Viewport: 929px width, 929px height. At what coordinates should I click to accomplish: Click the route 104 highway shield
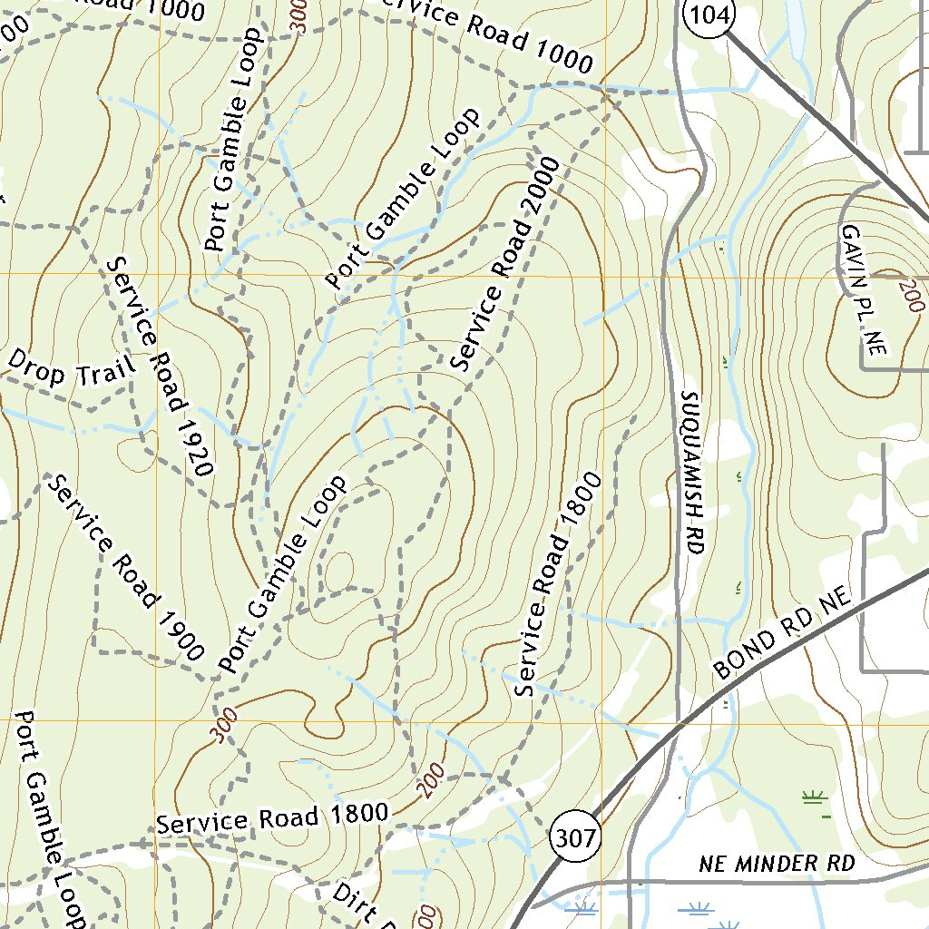[x=709, y=15]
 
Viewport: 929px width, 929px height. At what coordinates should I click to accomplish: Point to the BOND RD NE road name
[x=784, y=632]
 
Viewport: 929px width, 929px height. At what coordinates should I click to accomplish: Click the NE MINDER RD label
[x=777, y=863]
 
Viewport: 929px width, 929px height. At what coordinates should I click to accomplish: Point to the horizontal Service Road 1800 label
[x=272, y=818]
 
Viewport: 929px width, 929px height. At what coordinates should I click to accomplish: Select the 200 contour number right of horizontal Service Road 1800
[x=433, y=779]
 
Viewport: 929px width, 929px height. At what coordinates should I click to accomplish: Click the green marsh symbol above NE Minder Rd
[x=814, y=798]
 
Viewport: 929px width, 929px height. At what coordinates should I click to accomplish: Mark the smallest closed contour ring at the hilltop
[x=338, y=572]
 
